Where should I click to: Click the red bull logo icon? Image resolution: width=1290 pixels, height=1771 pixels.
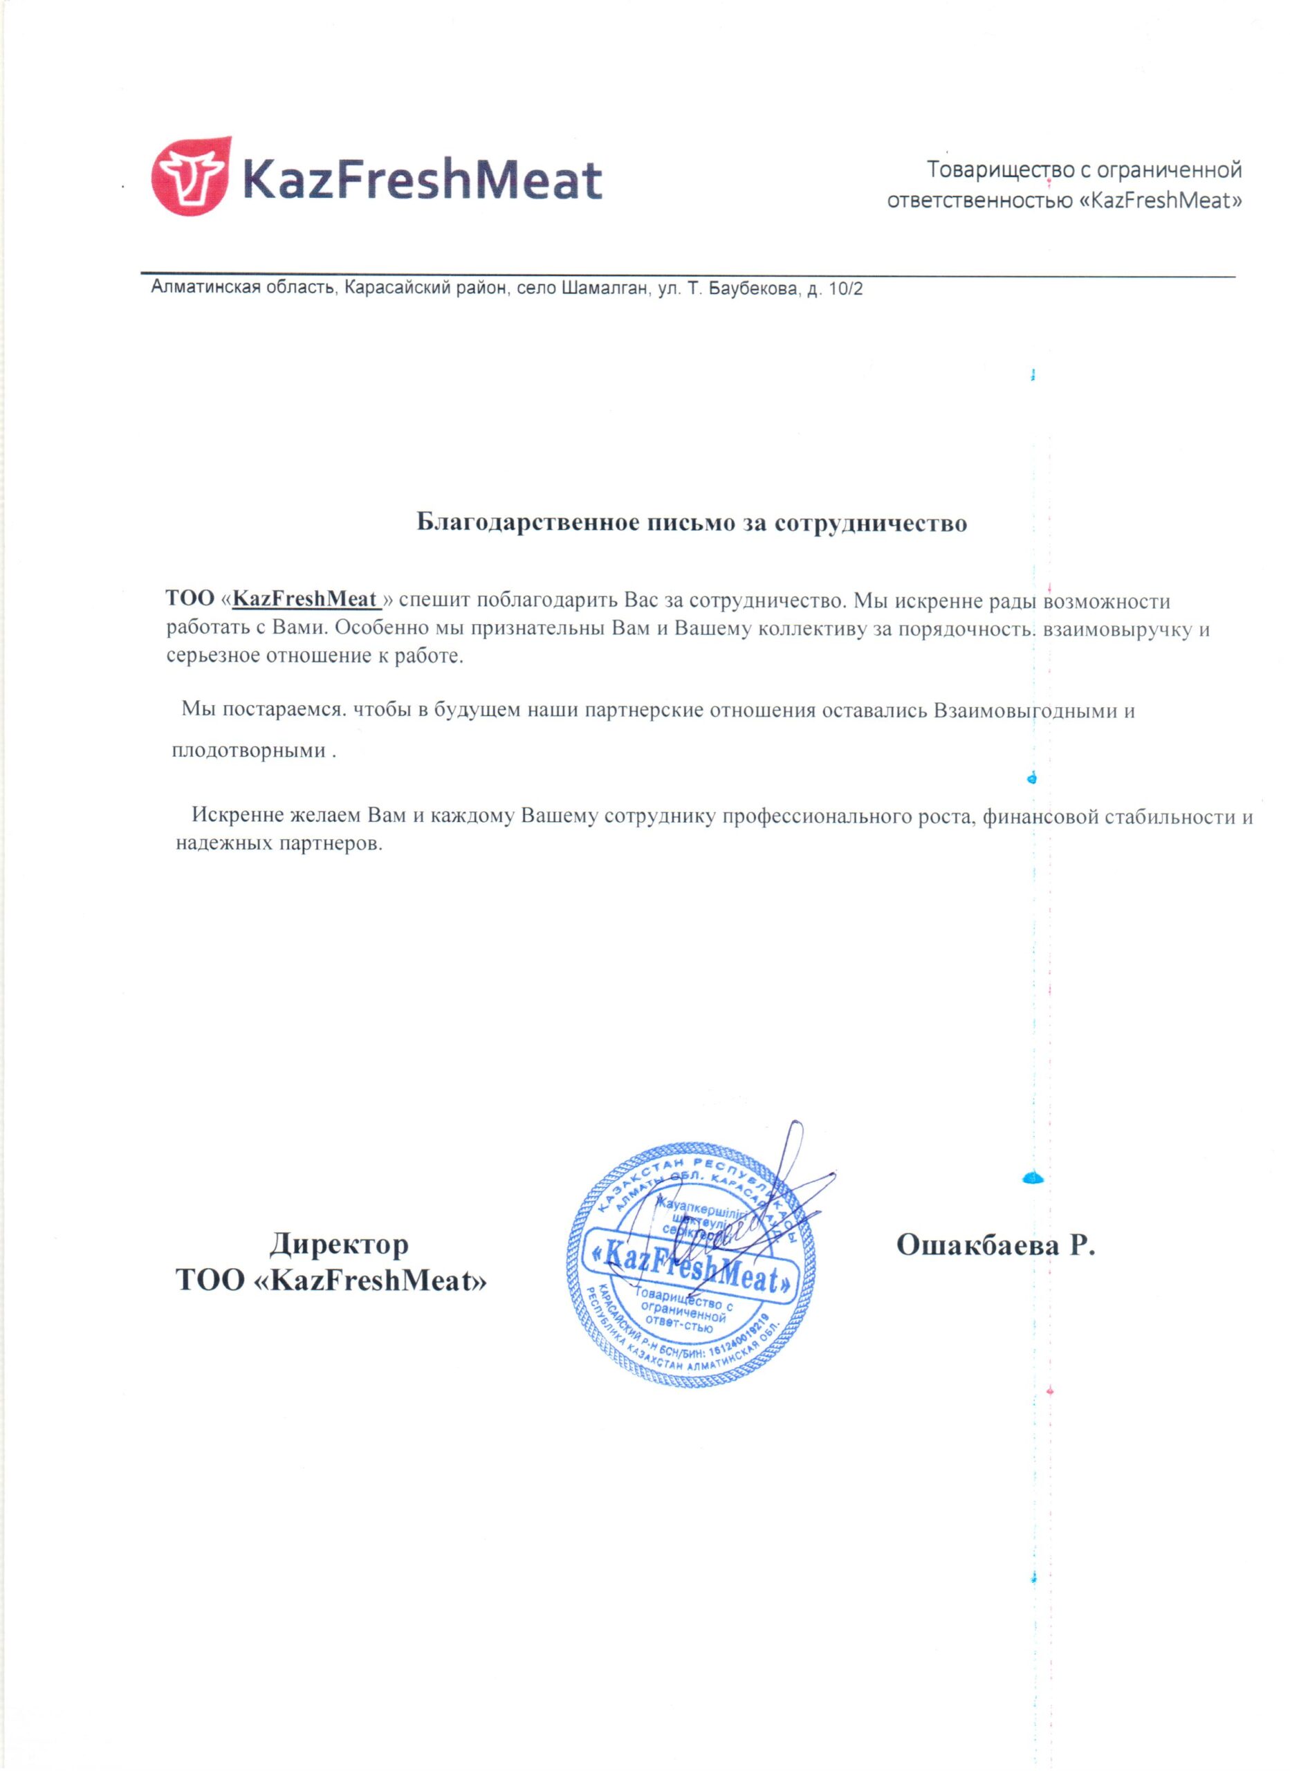pyautogui.click(x=190, y=176)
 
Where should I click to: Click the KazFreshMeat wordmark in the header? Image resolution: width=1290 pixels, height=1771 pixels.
pyautogui.click(x=423, y=180)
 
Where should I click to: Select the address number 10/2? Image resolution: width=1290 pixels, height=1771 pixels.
pyautogui.click(x=846, y=290)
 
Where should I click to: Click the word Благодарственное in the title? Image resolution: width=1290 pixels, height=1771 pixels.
pyautogui.click(x=529, y=522)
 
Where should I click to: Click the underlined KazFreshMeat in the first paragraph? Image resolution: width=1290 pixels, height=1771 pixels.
pyautogui.click(x=305, y=600)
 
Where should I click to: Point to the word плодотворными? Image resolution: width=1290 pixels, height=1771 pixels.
pyautogui.click(x=248, y=751)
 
